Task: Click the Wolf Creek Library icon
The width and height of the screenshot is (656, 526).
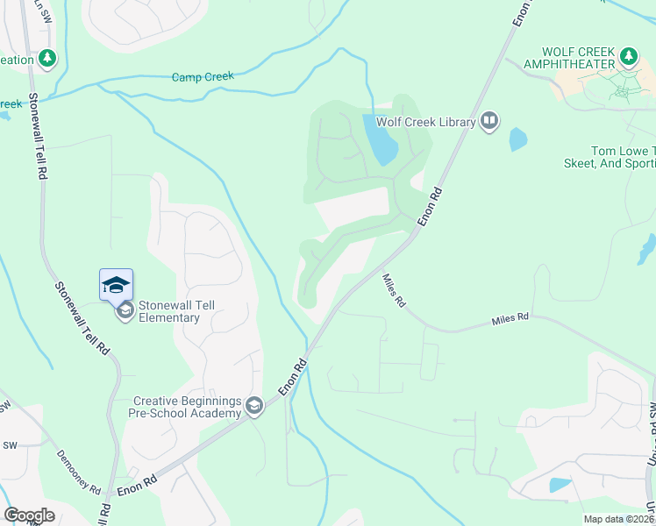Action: pos(489,121)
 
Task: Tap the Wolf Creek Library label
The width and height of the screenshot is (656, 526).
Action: pos(425,122)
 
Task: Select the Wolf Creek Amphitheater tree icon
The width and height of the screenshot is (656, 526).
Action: pos(628,57)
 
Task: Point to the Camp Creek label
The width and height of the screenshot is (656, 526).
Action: pos(203,77)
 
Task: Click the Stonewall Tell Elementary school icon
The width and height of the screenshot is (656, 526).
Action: pos(125,309)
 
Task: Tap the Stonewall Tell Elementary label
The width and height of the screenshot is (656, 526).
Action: pos(181,310)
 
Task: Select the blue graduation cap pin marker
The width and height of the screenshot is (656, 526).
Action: pos(116,285)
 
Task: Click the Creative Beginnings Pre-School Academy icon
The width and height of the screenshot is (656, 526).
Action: pos(254,404)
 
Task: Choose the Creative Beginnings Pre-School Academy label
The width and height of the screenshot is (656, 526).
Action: pos(187,406)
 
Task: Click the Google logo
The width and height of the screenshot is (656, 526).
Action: pos(29,515)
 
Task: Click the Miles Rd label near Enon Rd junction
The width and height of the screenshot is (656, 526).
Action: pos(394,290)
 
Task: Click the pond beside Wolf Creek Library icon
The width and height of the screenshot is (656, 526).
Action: pos(517,139)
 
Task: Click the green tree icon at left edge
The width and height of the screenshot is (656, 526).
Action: pos(47,60)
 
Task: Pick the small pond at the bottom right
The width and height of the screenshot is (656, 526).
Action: pos(560,485)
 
